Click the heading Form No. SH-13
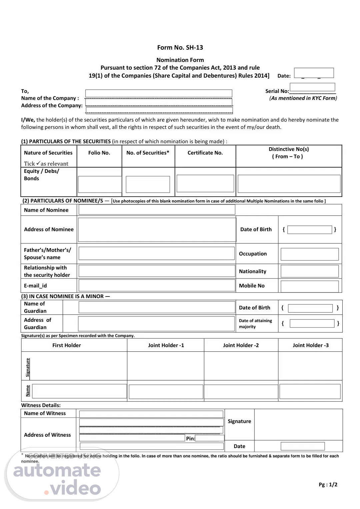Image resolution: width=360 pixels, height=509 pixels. point(180,48)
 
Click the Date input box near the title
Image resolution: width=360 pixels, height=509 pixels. point(314,73)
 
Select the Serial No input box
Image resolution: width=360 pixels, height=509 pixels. point(312,87)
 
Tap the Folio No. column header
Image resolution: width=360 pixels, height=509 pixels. point(99,153)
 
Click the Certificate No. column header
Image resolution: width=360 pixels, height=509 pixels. point(205,153)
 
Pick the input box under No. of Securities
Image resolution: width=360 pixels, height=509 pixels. point(148,184)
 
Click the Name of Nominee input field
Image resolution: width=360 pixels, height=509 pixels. point(157,210)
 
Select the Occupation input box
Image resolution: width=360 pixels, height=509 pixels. point(309,254)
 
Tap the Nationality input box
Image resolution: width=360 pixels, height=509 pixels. point(309,271)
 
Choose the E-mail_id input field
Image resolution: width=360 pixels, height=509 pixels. point(157,285)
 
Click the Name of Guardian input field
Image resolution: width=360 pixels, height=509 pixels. point(157,307)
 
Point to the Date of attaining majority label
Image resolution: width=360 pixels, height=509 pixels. point(255,323)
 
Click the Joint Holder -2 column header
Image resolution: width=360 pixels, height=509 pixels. point(241,345)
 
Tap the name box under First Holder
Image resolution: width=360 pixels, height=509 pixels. point(79,391)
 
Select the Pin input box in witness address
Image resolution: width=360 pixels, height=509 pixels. point(210,438)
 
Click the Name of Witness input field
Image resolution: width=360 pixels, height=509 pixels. point(151,414)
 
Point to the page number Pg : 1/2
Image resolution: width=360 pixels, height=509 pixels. point(328,485)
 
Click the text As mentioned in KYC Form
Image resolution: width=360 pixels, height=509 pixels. point(303,98)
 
